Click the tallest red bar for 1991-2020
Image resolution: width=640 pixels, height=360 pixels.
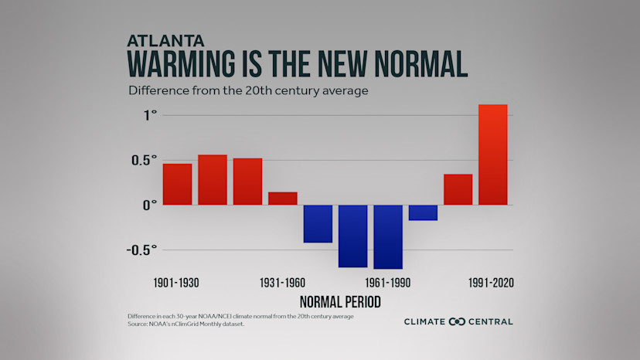coord(493,155)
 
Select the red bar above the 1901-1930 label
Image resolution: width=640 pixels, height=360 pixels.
coord(177,185)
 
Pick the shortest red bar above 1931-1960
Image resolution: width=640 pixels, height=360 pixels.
coord(282,199)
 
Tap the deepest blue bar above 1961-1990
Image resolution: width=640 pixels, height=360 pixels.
coord(388,236)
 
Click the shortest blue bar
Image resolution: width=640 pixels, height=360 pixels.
coord(423,212)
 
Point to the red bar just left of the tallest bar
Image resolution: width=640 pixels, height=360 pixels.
coord(458,190)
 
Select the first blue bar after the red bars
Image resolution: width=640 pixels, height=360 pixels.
coord(318,223)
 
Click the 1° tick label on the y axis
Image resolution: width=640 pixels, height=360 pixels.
coord(149,115)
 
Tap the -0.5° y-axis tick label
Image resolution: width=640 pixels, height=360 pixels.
coord(141,250)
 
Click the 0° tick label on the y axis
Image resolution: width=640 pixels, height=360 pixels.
coord(149,205)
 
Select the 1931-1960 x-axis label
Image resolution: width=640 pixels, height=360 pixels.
coord(282,283)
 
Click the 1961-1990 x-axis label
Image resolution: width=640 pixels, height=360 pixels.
coord(387,283)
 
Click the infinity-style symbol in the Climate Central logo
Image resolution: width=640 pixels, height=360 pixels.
coord(456,321)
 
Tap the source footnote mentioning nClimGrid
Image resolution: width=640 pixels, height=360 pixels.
coord(191,324)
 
